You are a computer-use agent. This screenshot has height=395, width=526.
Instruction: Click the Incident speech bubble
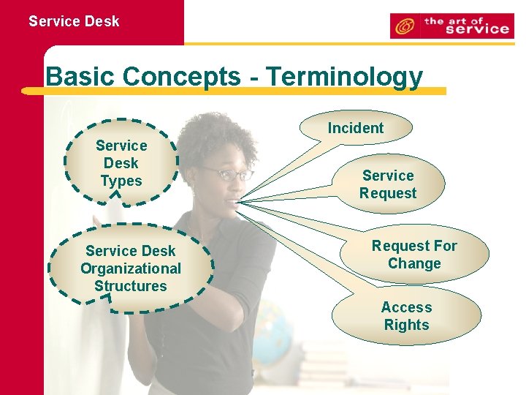tap(356, 128)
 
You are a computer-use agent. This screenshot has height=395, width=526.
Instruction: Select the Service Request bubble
tap(388, 184)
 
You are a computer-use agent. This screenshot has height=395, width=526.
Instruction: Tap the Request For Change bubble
tap(414, 255)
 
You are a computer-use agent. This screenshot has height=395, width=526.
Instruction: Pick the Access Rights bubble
tap(407, 316)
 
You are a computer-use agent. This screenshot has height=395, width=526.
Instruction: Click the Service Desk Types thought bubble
tap(121, 162)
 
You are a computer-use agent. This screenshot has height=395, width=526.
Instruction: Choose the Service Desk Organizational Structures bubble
tap(131, 268)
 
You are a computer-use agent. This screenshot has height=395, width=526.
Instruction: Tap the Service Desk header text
tap(74, 21)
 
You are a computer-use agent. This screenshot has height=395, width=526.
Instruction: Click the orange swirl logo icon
tap(403, 27)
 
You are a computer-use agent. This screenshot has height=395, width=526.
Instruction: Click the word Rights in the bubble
tap(407, 325)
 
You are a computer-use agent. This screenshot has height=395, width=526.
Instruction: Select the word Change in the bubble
tap(414, 263)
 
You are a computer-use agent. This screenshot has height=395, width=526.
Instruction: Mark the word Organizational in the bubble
tap(131, 268)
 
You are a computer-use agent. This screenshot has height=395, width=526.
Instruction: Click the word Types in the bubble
tap(121, 180)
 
